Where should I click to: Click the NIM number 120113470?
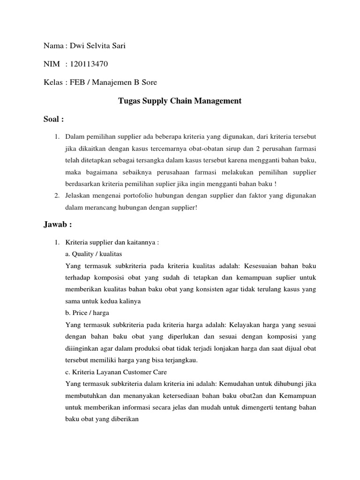click(92, 64)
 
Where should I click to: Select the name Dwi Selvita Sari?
click(97, 45)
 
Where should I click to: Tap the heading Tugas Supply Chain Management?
click(180, 101)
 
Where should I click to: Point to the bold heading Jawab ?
click(57, 224)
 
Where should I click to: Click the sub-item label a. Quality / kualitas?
click(94, 254)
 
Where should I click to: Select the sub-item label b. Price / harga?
click(89, 312)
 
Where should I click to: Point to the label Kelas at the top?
click(53, 82)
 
